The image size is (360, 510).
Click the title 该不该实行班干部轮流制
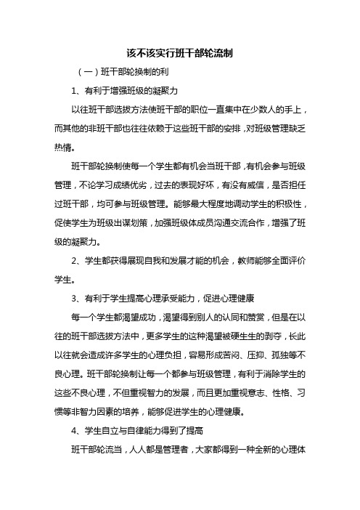179,54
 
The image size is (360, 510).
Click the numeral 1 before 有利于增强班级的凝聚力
75,91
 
